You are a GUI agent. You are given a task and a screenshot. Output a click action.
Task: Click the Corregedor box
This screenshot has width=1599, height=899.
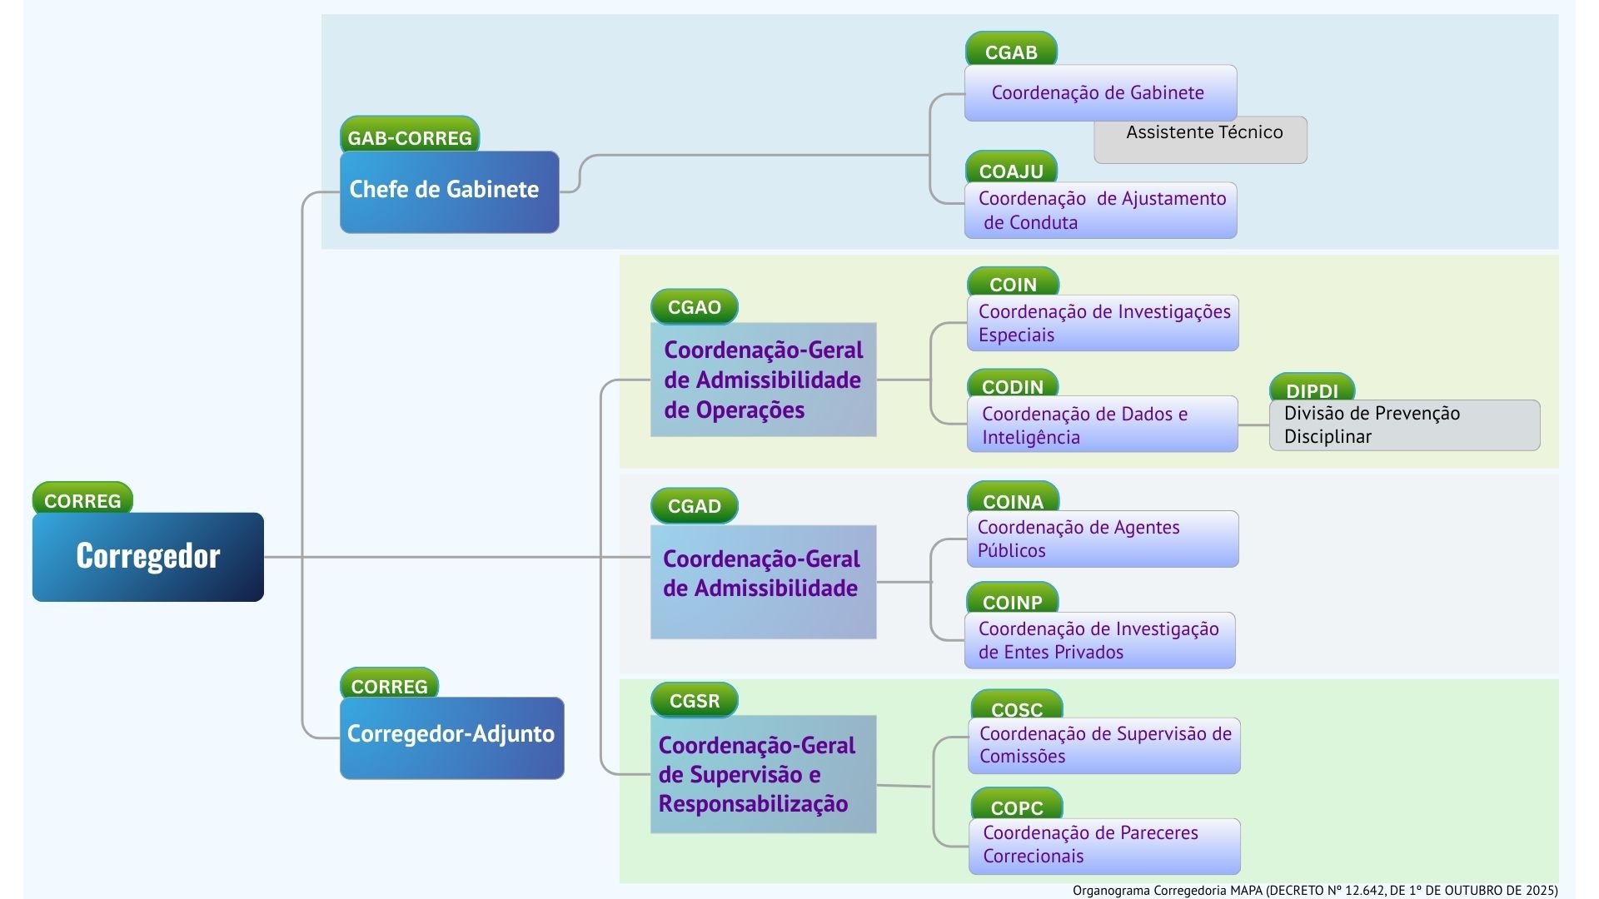click(x=148, y=556)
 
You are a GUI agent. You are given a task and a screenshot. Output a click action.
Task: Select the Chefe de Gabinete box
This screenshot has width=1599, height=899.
click(x=449, y=191)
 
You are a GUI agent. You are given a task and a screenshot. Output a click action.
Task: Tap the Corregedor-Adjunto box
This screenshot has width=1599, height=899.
click(x=451, y=737)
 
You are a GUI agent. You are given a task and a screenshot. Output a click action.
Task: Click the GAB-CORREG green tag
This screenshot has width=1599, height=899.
click(x=410, y=136)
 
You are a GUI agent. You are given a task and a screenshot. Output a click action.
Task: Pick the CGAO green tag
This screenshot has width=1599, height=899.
click(x=694, y=306)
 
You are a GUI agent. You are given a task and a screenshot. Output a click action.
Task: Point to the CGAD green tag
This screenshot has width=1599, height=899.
click(x=694, y=505)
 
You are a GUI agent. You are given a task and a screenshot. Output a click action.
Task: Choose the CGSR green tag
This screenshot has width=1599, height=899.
click(x=694, y=700)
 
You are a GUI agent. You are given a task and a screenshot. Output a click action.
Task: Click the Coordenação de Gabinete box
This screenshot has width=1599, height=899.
click(x=1100, y=92)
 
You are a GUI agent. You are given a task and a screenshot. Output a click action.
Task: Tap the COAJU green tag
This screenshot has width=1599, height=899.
click(x=1011, y=169)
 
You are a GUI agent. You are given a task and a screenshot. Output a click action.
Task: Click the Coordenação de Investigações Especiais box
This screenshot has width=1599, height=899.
click(x=1103, y=323)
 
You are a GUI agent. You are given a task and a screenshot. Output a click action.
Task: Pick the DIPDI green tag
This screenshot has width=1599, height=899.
click(x=1312, y=389)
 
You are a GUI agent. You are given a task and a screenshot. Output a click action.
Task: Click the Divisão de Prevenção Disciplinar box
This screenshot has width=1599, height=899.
click(x=1404, y=425)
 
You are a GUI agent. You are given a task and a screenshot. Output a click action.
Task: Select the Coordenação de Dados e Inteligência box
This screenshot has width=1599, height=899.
click(x=1102, y=425)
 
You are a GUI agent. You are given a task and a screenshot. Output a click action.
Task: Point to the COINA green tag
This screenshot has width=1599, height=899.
click(x=1013, y=499)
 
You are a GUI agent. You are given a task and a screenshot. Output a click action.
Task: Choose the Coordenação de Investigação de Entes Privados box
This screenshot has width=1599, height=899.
click(x=1099, y=640)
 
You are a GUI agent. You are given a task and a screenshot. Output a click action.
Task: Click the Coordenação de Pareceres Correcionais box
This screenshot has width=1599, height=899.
click(x=1104, y=846)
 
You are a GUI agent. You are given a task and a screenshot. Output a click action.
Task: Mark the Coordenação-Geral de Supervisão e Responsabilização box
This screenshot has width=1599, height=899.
click(x=763, y=774)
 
